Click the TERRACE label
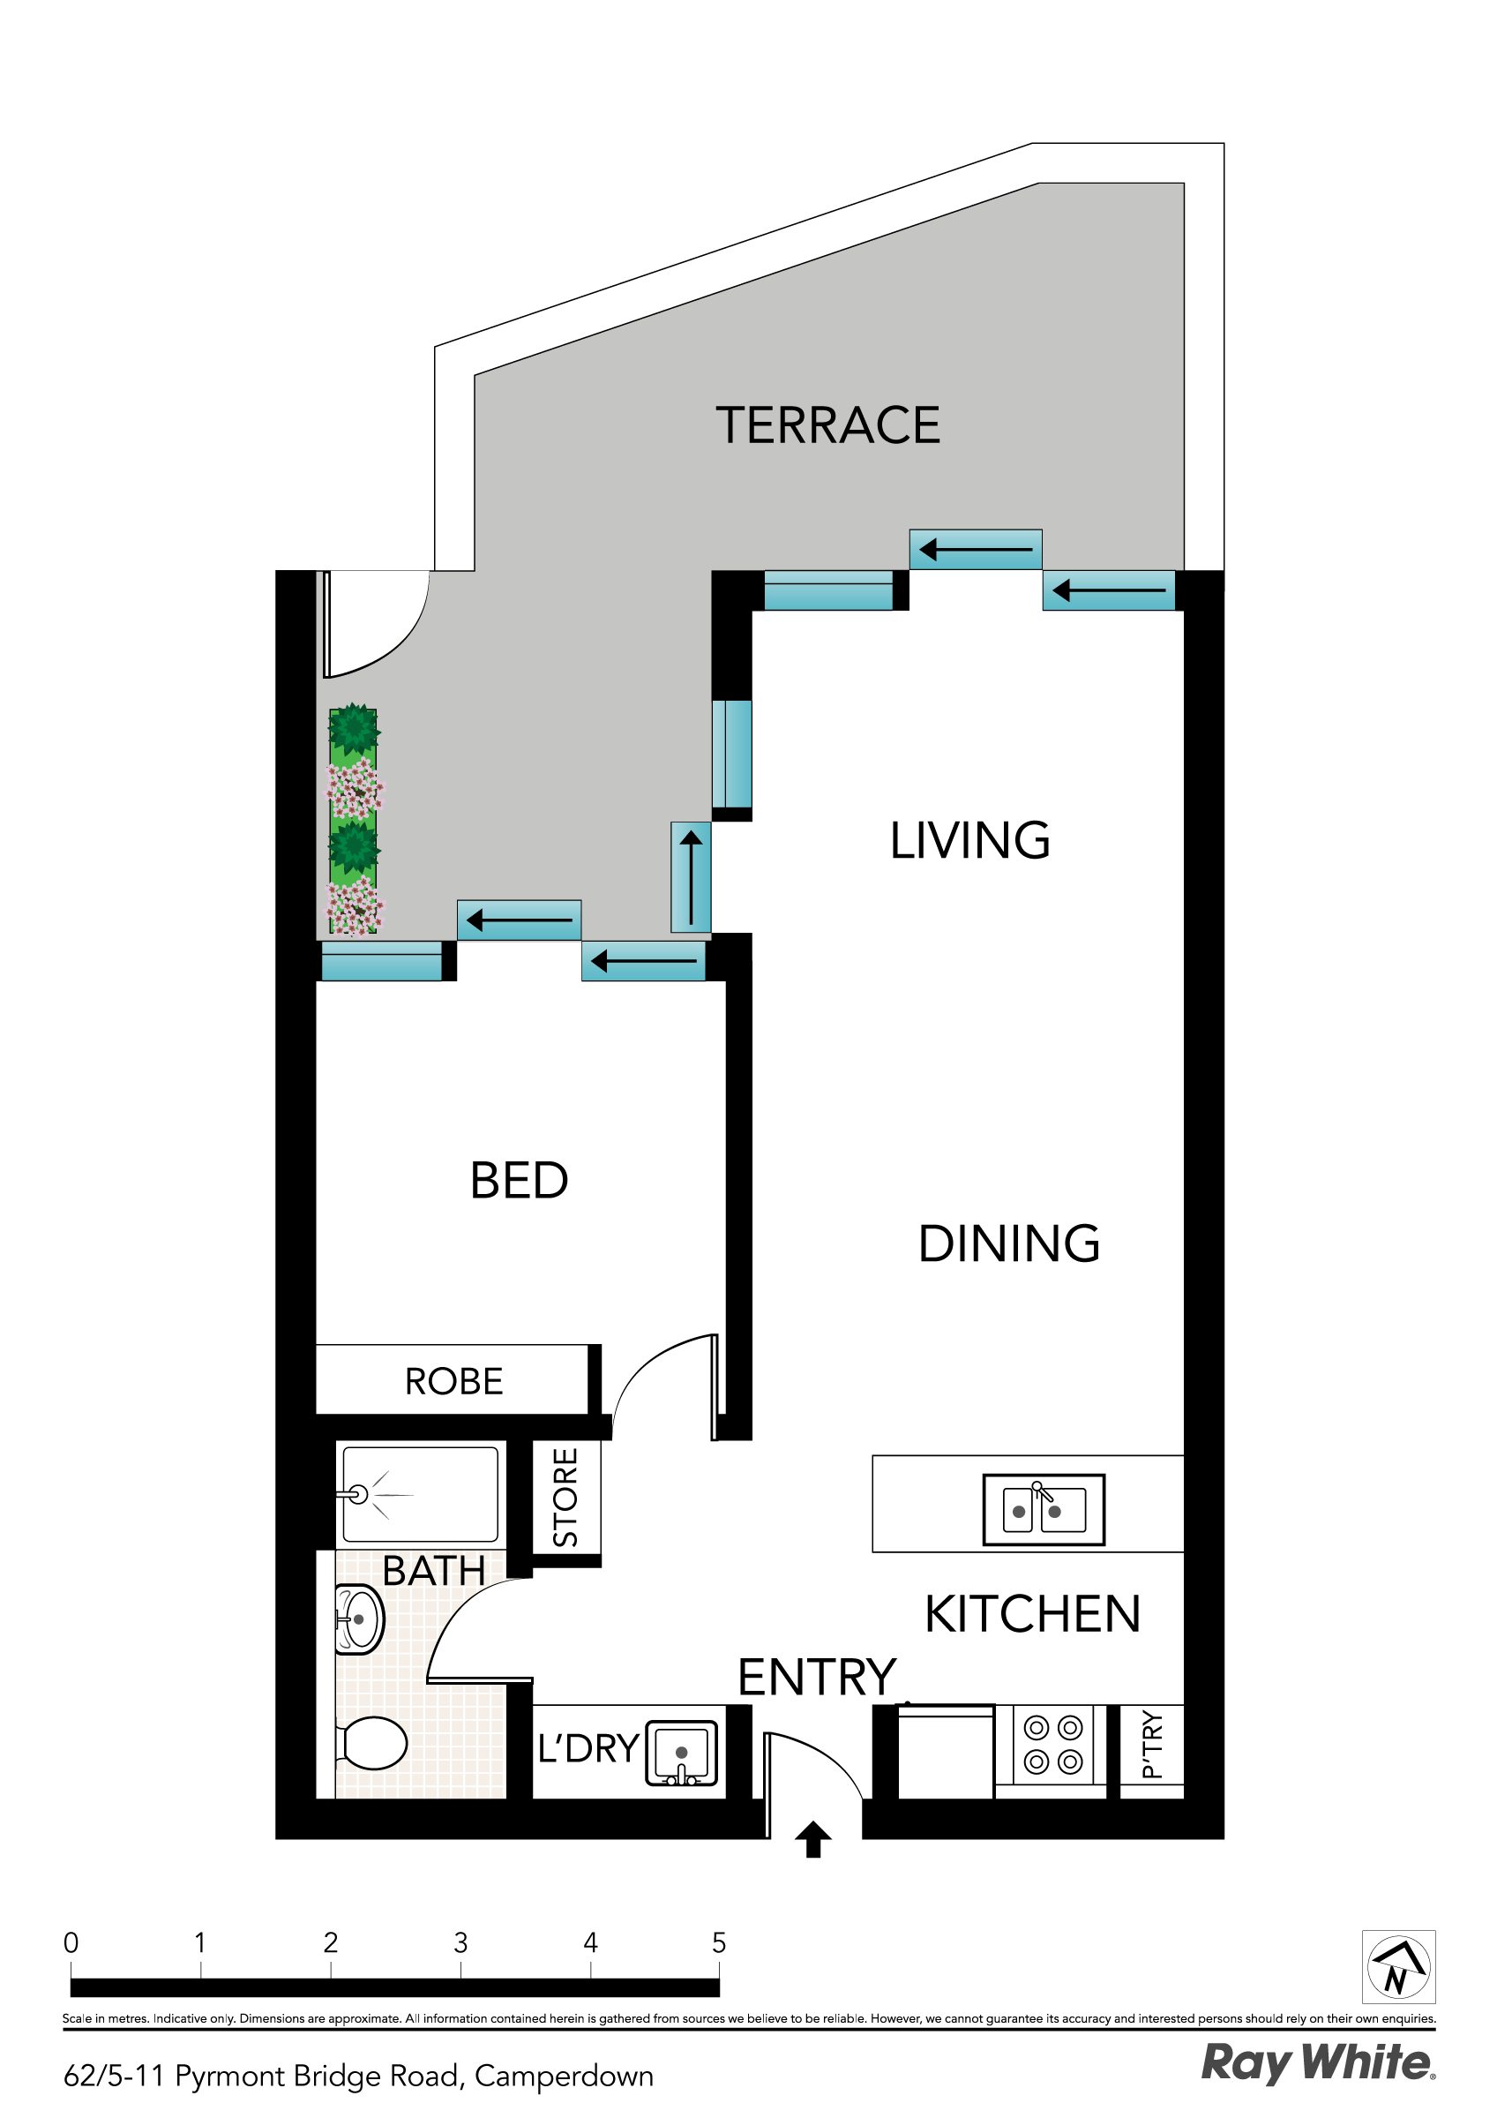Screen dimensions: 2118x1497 [827, 425]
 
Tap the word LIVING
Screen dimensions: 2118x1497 [969, 840]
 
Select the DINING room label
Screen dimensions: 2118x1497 [1009, 1243]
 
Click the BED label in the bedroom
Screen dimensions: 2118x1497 [520, 1181]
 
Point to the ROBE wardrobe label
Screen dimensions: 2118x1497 [453, 1381]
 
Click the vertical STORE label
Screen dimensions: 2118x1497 [565, 1498]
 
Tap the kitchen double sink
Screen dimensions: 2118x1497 [1044, 1509]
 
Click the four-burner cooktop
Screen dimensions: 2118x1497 [1052, 1745]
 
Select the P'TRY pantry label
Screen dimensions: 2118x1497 [1150, 1744]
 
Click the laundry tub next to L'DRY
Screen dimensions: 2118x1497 [682, 1753]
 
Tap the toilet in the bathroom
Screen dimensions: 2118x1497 [373, 1743]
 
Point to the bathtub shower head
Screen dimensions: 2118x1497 [358, 1494]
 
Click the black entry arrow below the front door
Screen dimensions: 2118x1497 [812, 1839]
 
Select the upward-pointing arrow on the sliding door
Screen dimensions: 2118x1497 [691, 877]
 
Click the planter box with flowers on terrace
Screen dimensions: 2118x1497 [353, 821]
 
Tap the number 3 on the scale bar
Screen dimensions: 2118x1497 [460, 1942]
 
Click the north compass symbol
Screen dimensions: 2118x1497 [1398, 1967]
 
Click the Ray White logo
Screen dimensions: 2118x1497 [1316, 2063]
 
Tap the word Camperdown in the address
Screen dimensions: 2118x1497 [564, 2076]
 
